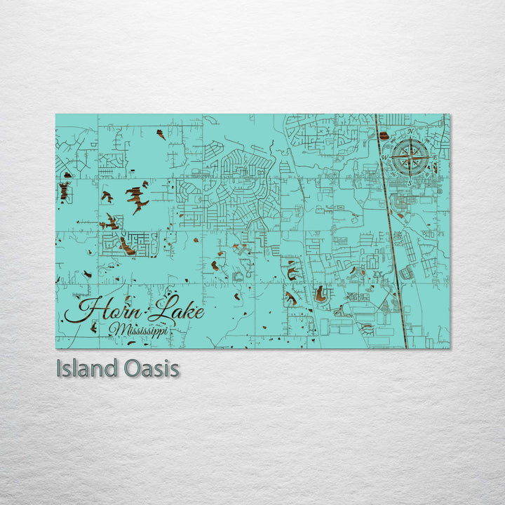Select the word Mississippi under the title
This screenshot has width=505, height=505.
pos(138,330)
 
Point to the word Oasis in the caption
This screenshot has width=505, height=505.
pos(153,369)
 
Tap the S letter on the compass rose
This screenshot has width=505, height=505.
pos(410,182)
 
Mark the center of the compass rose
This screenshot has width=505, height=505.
pos(411,156)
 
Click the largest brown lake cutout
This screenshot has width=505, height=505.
pos(137,197)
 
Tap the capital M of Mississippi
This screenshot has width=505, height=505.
pos(116,328)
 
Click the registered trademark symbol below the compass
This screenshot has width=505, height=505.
pos(440,190)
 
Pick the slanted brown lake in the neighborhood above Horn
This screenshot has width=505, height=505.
pos(126,245)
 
